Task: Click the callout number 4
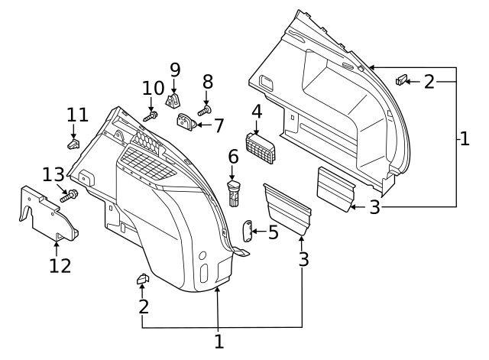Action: tap(257, 111)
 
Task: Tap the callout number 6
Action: tap(234, 157)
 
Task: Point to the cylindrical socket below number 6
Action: tap(235, 193)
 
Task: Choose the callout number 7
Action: tap(218, 125)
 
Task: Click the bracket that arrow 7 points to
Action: tap(186, 122)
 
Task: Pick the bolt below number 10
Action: tap(151, 115)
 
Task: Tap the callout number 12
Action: tap(60, 265)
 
